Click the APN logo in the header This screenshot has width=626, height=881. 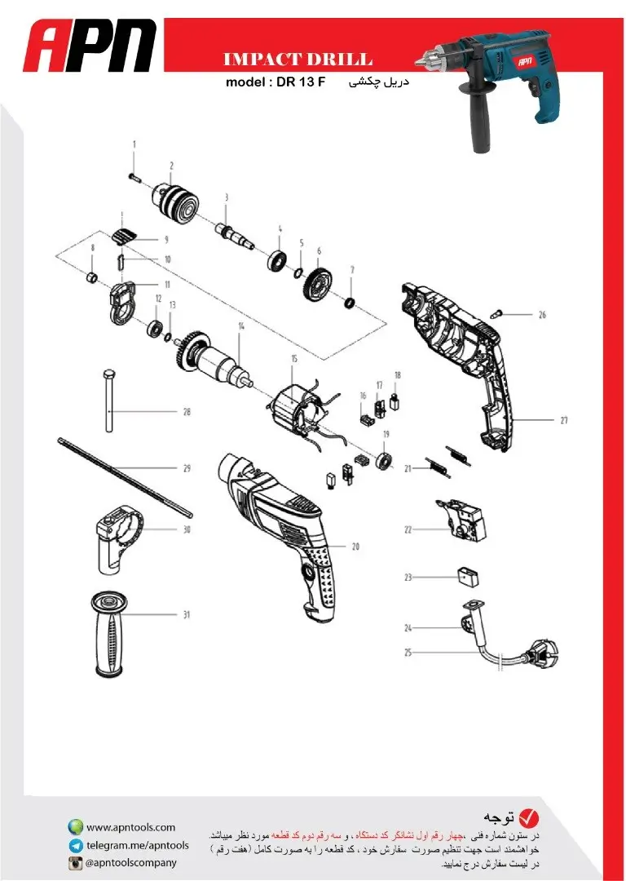[90, 45]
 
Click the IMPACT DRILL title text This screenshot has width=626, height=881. [298, 59]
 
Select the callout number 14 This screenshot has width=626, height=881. [240, 326]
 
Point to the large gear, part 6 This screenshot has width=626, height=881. [320, 285]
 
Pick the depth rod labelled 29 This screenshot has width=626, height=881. [126, 477]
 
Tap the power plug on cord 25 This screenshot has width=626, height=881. [542, 655]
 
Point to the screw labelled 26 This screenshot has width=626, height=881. [496, 313]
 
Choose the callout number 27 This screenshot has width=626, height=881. [564, 420]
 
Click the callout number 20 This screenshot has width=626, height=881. [355, 546]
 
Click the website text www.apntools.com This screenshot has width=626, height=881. [130, 827]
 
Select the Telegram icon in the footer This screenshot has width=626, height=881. [76, 845]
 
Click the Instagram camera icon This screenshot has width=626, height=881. [76, 863]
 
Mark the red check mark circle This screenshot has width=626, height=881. [528, 819]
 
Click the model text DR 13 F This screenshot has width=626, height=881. [302, 82]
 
